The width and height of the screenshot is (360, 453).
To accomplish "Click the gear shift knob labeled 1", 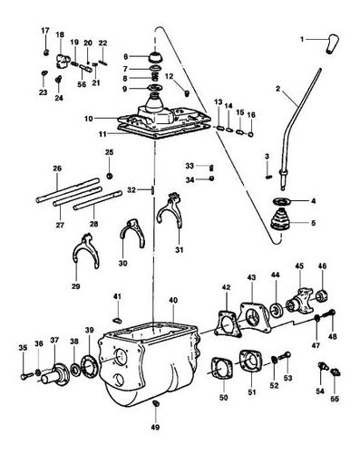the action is pyautogui.click(x=333, y=44).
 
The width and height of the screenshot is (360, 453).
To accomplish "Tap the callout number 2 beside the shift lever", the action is pyautogui.click(x=278, y=89).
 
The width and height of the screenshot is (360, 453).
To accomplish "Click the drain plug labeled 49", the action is pyautogui.click(x=156, y=403).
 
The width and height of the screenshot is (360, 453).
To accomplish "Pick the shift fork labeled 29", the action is pyautogui.click(x=86, y=252).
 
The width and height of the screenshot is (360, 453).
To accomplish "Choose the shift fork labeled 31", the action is pyautogui.click(x=170, y=211).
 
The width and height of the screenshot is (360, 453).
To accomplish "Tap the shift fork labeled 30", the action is pyautogui.click(x=132, y=232).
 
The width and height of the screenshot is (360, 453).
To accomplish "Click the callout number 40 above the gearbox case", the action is pyautogui.click(x=173, y=300).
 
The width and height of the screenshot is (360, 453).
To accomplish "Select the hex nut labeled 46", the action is pyautogui.click(x=322, y=296).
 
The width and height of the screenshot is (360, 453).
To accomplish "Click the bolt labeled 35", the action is pyautogui.click(x=26, y=376).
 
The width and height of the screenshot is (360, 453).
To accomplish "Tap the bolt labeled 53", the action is pyautogui.click(x=284, y=356).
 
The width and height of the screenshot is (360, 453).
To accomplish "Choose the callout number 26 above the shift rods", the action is pyautogui.click(x=57, y=169).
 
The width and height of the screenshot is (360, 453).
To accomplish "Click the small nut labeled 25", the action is pyautogui.click(x=110, y=176).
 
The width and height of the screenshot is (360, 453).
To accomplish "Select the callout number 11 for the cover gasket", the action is pyautogui.click(x=102, y=133).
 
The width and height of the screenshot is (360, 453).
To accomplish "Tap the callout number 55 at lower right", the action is pyautogui.click(x=335, y=399).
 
